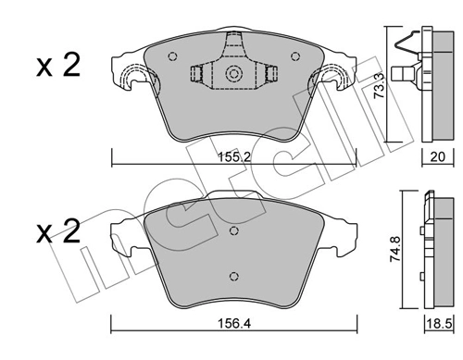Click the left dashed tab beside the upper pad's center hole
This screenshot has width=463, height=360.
click(x=198, y=75)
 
